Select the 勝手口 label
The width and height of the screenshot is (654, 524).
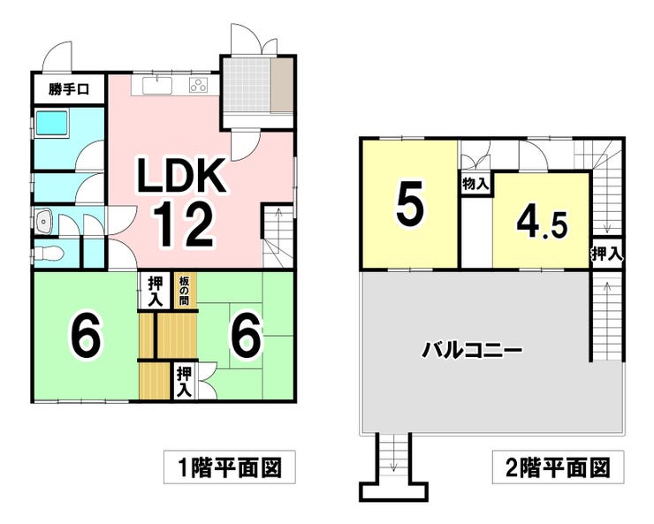[x=69, y=88]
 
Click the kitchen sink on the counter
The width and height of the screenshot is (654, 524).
[x=156, y=86]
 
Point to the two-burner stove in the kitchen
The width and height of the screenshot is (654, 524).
[x=199, y=86]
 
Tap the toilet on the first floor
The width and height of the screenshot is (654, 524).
[x=50, y=253]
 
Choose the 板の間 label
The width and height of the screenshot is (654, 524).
[x=185, y=289]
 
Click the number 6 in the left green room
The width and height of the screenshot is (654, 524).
[x=85, y=335]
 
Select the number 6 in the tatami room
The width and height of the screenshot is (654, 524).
[x=246, y=335]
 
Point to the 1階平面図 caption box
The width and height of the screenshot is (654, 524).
[x=226, y=467]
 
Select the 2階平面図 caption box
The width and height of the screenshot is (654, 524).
[x=558, y=467]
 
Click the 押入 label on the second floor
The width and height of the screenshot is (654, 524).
[x=607, y=253]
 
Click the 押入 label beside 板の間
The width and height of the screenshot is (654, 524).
[x=156, y=289]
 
